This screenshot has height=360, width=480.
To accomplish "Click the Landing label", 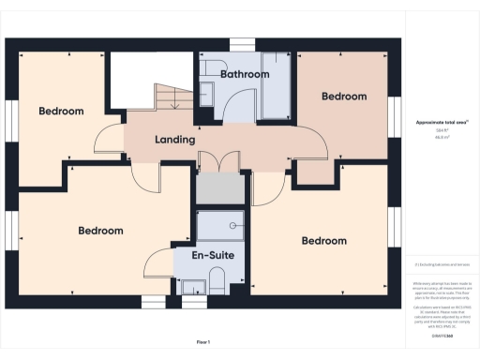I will pyautogui.click(x=174, y=140).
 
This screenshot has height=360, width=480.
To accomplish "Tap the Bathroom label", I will pyautogui.click(x=245, y=74).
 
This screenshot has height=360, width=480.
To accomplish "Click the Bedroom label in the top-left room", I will pyautogui.click(x=61, y=111).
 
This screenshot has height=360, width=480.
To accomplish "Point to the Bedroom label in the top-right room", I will pyautogui.click(x=343, y=97).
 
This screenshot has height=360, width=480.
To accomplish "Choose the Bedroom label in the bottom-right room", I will pyautogui.click(x=323, y=241).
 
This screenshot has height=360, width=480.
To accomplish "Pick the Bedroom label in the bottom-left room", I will pyautogui.click(x=100, y=231).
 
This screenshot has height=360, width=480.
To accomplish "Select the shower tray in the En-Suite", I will pyautogui.click(x=220, y=224).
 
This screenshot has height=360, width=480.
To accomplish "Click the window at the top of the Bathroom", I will pyautogui.click(x=243, y=42).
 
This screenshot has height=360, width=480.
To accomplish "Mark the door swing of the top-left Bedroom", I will pyautogui.click(x=111, y=138).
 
